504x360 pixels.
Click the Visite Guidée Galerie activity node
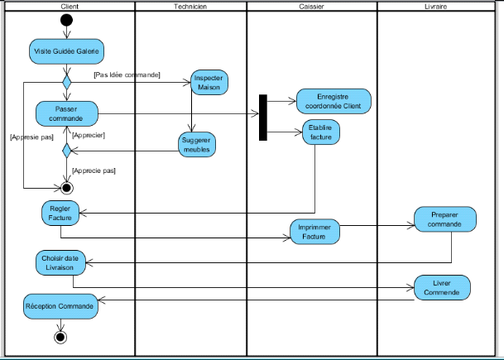point(66,50)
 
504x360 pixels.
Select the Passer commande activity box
point(66,113)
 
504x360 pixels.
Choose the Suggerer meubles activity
point(197,145)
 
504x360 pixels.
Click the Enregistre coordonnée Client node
point(333,101)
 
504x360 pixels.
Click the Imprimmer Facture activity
point(315,233)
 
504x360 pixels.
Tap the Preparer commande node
point(446,218)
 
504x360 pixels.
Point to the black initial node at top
point(67,20)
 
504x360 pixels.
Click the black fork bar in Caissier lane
point(263,118)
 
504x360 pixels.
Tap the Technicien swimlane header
point(190,7)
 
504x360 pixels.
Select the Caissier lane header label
point(311,7)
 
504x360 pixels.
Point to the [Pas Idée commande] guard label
point(127,74)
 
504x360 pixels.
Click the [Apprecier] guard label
point(89,135)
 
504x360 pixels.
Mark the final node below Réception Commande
point(60,336)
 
